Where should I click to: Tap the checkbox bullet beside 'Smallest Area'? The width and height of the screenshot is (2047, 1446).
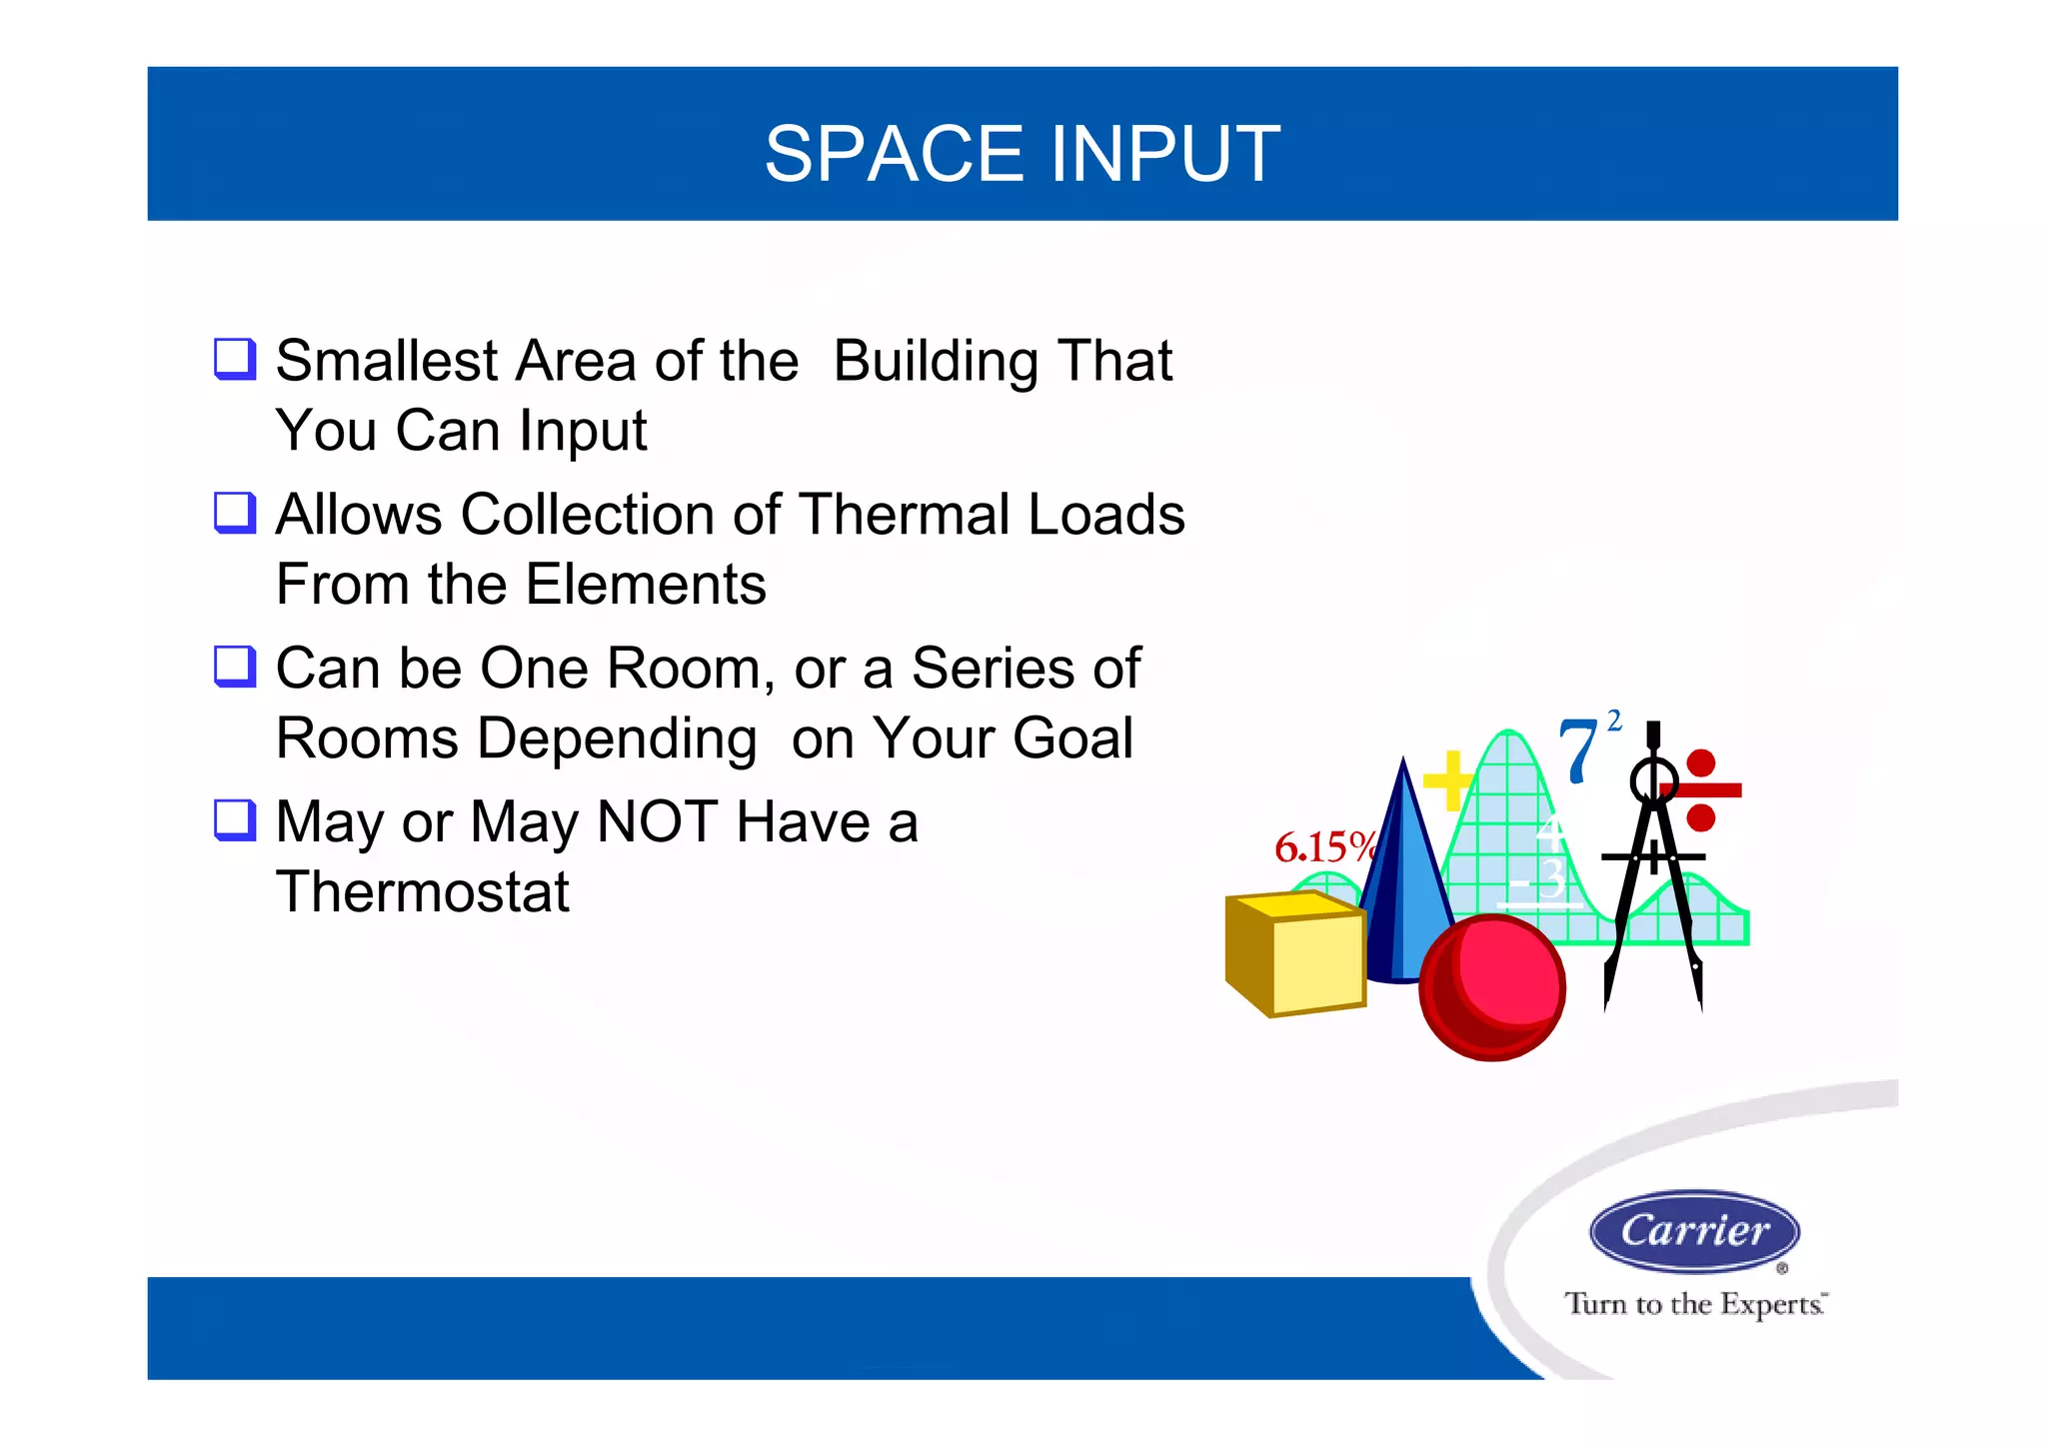[x=236, y=359]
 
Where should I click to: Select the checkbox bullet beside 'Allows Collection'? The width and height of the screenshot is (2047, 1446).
[x=236, y=513]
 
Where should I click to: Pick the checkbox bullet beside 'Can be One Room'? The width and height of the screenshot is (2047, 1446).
[x=236, y=667]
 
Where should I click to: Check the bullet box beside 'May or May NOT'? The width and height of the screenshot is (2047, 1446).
[x=236, y=820]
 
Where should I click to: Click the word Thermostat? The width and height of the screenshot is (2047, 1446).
[x=422, y=891]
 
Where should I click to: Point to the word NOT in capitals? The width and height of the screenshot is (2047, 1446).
[x=657, y=822]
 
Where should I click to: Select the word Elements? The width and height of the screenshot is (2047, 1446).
[x=646, y=585]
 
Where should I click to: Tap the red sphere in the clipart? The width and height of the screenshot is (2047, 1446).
[x=1492, y=986]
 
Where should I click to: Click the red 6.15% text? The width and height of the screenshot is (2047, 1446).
[x=1322, y=847]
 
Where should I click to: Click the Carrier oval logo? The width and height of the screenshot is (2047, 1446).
[x=1694, y=1230]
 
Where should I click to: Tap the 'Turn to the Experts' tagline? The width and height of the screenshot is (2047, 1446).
[x=1695, y=1304]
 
